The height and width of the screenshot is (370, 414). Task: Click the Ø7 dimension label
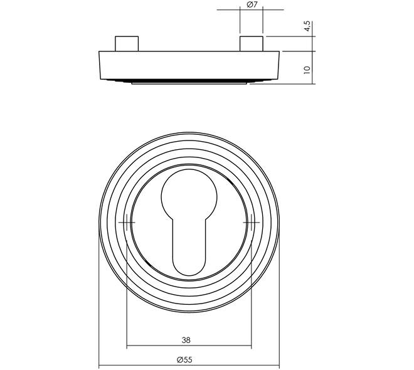point(252,4)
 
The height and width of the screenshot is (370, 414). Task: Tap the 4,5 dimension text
point(307,26)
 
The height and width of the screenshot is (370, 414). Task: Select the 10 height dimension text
point(307,70)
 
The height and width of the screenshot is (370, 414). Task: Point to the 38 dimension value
point(186,340)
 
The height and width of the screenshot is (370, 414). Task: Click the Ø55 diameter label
point(184,359)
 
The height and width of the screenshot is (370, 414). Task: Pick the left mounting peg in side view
point(127,43)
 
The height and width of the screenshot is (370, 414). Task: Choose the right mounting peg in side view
point(252,43)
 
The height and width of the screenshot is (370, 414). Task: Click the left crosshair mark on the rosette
point(127,223)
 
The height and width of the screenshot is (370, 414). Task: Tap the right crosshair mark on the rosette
point(252,223)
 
